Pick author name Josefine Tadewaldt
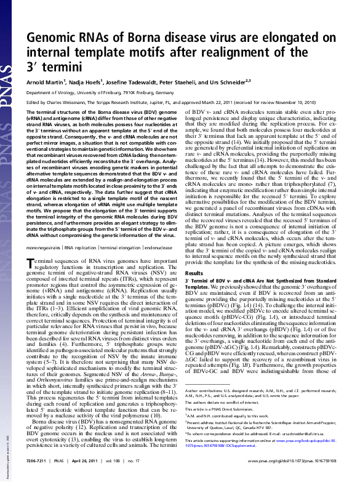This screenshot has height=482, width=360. [x=138, y=81]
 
